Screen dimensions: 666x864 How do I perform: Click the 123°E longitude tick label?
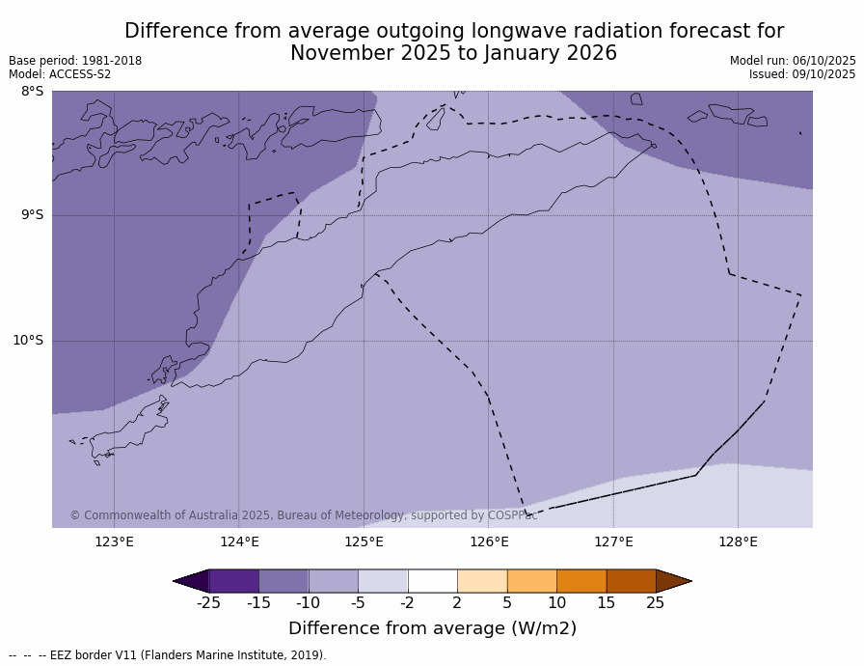pyautogui.click(x=114, y=541)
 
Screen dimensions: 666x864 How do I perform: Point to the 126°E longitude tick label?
pyautogui.click(x=489, y=541)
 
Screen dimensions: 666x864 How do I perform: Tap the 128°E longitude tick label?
pyautogui.click(x=738, y=541)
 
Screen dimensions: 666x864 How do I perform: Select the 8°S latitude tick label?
pyautogui.click(x=32, y=92)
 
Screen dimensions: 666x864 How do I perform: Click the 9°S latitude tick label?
pyautogui.click(x=32, y=215)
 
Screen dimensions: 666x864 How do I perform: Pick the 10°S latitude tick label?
pyautogui.click(x=28, y=340)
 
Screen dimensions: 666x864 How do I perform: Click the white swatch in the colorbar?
pyautogui.click(x=432, y=581)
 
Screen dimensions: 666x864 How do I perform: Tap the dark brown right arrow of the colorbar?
pyautogui.click(x=672, y=581)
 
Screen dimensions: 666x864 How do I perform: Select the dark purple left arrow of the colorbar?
pyautogui.click(x=192, y=581)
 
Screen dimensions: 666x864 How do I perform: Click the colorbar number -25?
pyautogui.click(x=208, y=603)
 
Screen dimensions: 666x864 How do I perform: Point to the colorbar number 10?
pyautogui.click(x=556, y=603)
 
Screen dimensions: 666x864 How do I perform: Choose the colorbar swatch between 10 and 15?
pyautogui.click(x=581, y=581)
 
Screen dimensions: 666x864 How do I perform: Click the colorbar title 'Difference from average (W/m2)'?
pyautogui.click(x=432, y=628)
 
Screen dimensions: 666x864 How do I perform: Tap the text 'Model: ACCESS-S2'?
pyautogui.click(x=60, y=74)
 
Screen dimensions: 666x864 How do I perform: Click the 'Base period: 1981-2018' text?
pyautogui.click(x=75, y=61)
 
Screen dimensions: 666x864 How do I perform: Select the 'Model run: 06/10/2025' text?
pyautogui.click(x=793, y=61)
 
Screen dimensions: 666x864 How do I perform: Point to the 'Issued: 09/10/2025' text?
pyautogui.click(x=802, y=74)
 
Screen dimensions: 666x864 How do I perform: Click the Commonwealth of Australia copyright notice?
pyautogui.click(x=303, y=515)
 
